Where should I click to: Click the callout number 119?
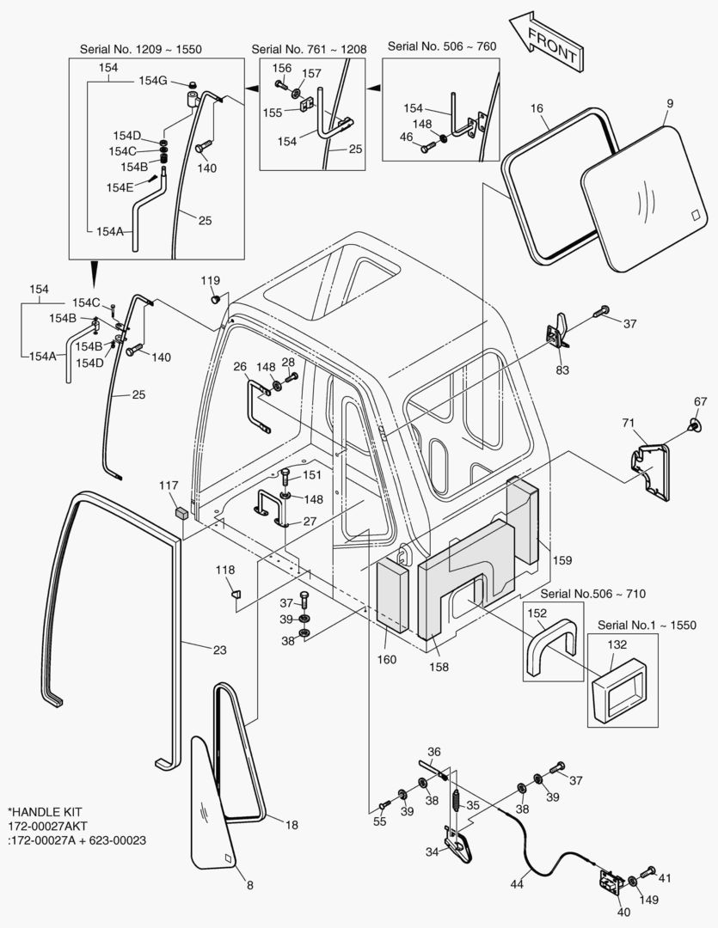point(211,280)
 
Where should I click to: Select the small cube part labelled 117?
point(181,514)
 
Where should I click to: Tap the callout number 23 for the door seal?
point(219,650)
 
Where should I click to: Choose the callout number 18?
point(291,825)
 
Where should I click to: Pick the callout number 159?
point(562,561)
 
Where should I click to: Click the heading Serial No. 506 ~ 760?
point(441,45)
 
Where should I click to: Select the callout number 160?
point(387,659)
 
